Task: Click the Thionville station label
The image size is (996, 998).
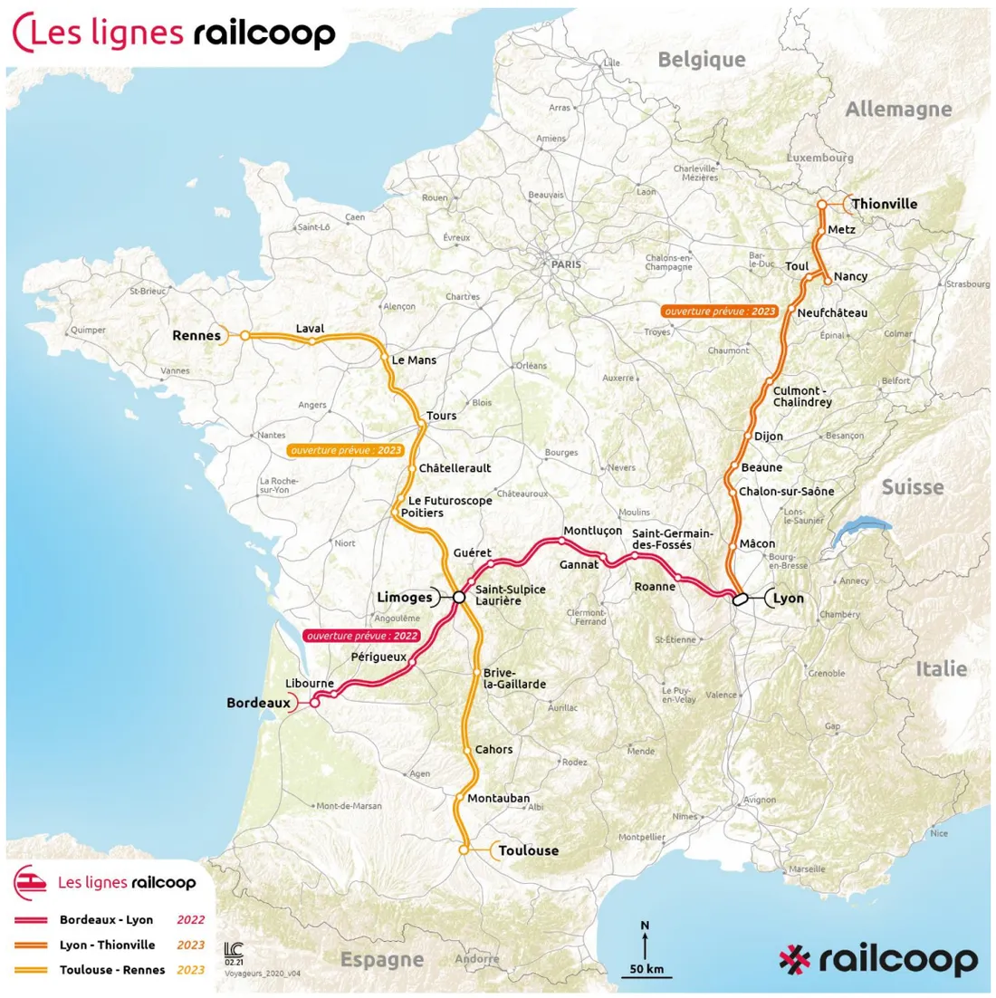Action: [884, 204]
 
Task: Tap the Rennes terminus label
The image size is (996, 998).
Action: [196, 335]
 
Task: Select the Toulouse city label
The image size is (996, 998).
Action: [529, 850]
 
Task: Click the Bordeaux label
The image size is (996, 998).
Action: [258, 703]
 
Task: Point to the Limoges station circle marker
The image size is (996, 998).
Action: [459, 597]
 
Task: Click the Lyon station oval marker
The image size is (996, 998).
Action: [739, 598]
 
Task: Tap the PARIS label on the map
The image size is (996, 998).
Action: [566, 264]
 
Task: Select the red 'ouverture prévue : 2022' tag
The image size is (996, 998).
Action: [362, 636]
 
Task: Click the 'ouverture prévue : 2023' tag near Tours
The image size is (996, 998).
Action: [345, 450]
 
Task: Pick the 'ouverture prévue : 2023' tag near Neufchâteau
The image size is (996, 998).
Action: [720, 311]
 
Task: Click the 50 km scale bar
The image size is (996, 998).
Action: [646, 971]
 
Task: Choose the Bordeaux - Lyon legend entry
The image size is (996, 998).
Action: [106, 920]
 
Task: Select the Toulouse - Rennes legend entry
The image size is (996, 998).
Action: [112, 970]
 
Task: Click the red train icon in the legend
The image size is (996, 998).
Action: [30, 882]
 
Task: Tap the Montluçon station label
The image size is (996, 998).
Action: [592, 531]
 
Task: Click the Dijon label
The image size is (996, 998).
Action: [769, 437]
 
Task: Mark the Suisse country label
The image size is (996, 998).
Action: [912, 487]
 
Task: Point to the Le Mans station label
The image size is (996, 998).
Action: [414, 360]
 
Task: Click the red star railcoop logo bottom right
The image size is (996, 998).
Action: [794, 960]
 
